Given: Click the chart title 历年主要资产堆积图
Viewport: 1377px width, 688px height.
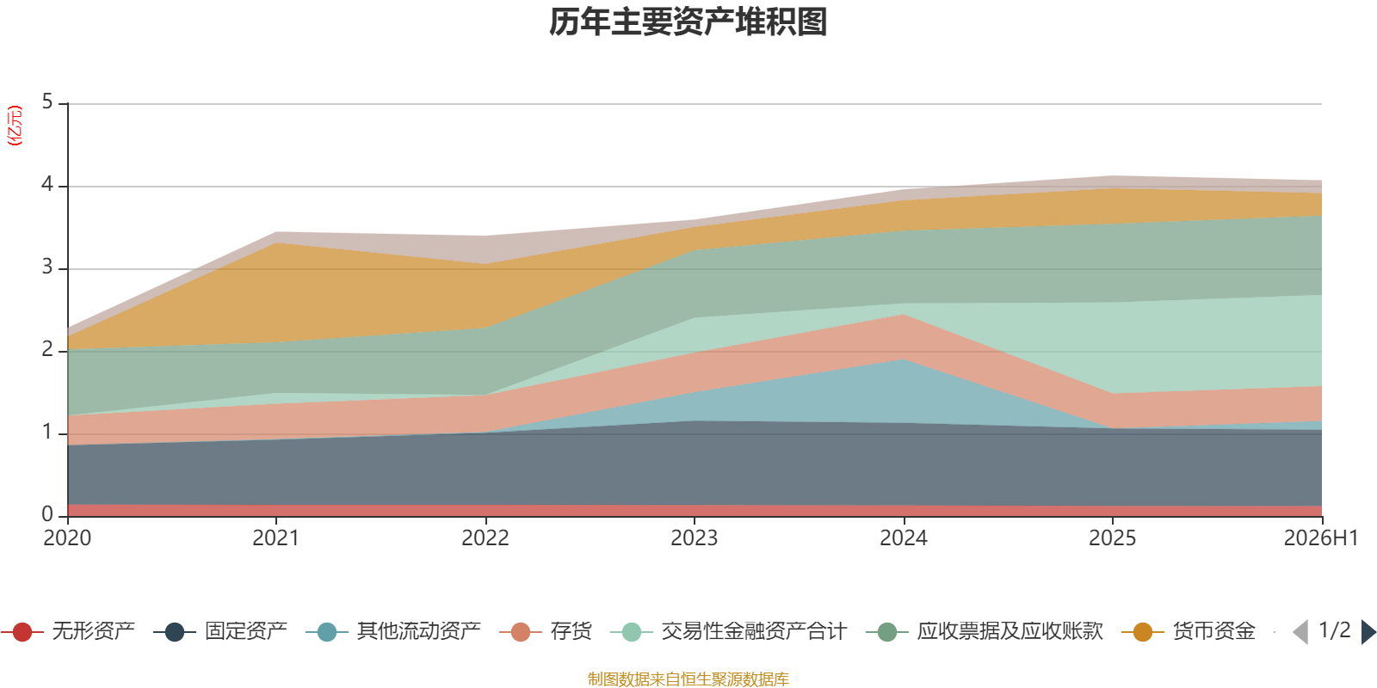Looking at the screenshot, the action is [x=688, y=22].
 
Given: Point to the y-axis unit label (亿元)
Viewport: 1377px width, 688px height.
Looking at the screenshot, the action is [x=14, y=126].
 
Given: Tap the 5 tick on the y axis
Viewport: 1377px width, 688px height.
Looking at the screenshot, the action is [x=47, y=102].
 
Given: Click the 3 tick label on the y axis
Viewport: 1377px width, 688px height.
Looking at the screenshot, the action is [x=47, y=267].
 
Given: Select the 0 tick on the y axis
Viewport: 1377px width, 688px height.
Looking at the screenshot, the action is [x=47, y=515].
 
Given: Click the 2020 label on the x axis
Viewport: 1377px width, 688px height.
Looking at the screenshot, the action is [x=67, y=538].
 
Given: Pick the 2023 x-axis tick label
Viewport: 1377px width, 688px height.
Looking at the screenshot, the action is [x=694, y=538].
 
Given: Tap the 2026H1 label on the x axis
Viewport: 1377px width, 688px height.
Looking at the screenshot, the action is [x=1321, y=538].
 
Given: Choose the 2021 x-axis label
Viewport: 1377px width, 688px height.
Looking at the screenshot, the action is [x=276, y=538].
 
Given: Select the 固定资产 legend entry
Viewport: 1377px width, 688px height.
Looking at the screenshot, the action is [x=220, y=631].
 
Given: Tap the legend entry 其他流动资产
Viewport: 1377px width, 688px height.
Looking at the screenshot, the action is [x=393, y=631].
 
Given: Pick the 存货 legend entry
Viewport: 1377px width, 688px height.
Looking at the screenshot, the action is [x=546, y=631].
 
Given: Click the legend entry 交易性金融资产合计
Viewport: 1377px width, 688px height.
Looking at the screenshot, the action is [x=729, y=631].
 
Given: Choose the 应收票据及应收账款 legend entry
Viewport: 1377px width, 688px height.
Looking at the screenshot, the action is [x=985, y=631].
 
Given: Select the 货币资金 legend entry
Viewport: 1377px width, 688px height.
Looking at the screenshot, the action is [x=1189, y=631].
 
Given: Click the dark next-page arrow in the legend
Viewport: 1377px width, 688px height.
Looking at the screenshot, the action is [x=1368, y=632].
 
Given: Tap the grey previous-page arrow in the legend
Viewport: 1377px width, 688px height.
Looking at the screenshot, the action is [x=1300, y=632].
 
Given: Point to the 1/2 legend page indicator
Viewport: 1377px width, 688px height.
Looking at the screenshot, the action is [x=1335, y=630].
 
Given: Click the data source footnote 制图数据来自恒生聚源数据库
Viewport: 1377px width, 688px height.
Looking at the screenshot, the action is [x=688, y=679].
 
